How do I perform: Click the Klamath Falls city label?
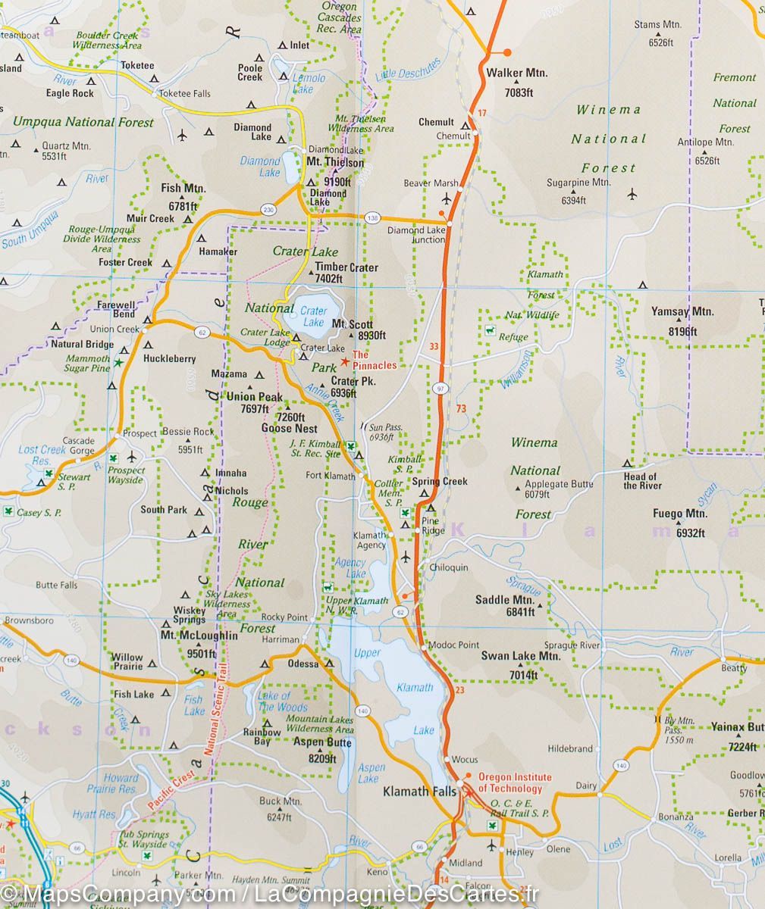419,791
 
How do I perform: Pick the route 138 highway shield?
372,217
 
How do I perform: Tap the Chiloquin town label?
449,567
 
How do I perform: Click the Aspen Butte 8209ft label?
322,748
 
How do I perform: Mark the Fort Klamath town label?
330,476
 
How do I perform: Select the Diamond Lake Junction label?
416,235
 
